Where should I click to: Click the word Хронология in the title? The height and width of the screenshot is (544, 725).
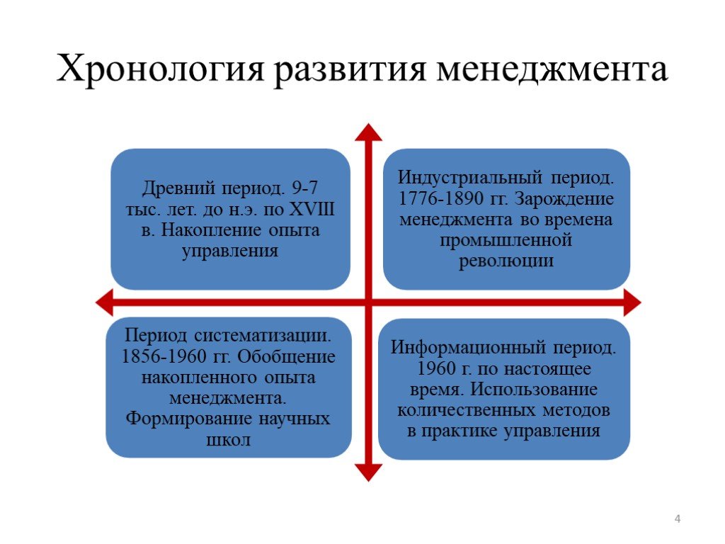(161, 69)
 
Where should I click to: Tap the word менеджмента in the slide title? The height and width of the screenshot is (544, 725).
(552, 69)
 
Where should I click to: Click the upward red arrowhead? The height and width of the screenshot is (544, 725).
(368, 132)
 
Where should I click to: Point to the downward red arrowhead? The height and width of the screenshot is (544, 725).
(368, 472)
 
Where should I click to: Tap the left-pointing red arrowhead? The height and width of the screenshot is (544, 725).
(104, 302)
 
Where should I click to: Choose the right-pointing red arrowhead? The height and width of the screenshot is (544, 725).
(632, 302)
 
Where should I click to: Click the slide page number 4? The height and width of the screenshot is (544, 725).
(678, 518)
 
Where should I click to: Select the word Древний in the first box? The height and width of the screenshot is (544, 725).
(179, 188)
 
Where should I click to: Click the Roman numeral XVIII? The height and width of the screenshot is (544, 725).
(312, 209)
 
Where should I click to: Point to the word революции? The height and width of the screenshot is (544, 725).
(506, 261)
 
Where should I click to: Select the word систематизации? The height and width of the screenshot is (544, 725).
(263, 335)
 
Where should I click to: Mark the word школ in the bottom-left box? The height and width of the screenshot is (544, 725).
(228, 440)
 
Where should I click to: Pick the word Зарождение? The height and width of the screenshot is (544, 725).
(564, 199)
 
